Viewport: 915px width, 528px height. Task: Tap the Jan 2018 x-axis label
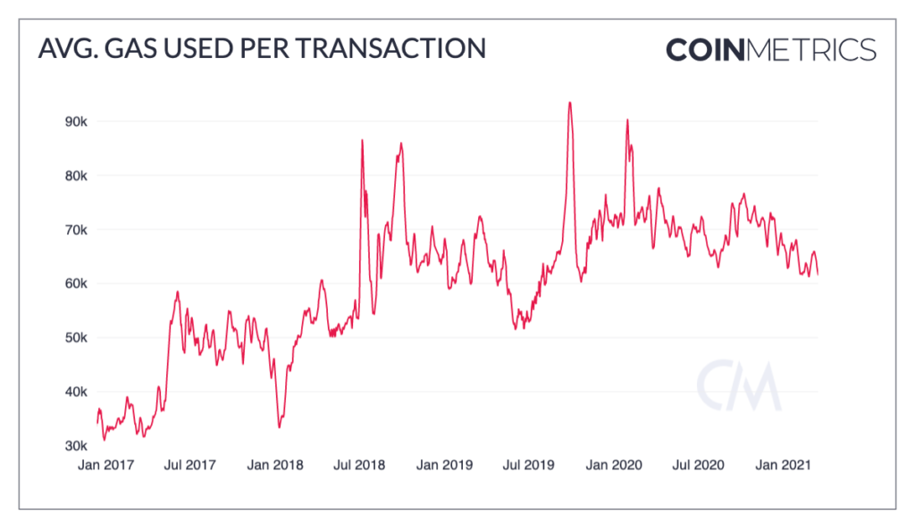[x=275, y=465]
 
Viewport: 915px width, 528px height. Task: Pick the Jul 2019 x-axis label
[x=525, y=465]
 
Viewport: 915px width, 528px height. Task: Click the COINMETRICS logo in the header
[x=770, y=48]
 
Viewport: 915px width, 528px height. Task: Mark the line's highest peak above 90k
[x=569, y=103]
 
